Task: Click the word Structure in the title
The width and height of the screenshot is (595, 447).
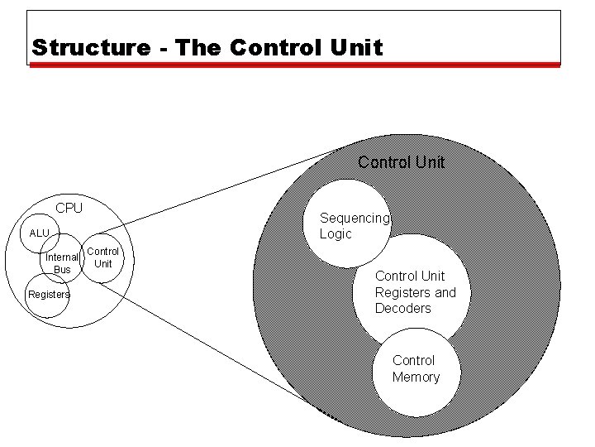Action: click(89, 47)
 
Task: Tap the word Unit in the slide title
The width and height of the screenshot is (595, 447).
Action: click(356, 47)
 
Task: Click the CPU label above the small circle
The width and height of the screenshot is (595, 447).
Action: click(69, 208)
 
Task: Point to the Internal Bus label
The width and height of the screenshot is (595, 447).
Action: click(62, 263)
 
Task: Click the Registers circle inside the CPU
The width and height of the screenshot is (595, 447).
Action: click(48, 296)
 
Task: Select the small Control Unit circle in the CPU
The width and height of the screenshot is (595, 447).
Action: click(103, 257)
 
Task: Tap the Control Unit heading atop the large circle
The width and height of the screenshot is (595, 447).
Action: click(401, 162)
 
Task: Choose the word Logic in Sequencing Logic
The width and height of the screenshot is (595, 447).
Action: click(336, 234)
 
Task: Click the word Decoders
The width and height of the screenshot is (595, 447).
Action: click(403, 309)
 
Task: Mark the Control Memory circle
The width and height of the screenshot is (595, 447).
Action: click(416, 369)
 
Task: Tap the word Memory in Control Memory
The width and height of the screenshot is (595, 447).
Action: click(416, 377)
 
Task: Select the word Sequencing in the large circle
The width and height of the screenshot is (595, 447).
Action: click(354, 219)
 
